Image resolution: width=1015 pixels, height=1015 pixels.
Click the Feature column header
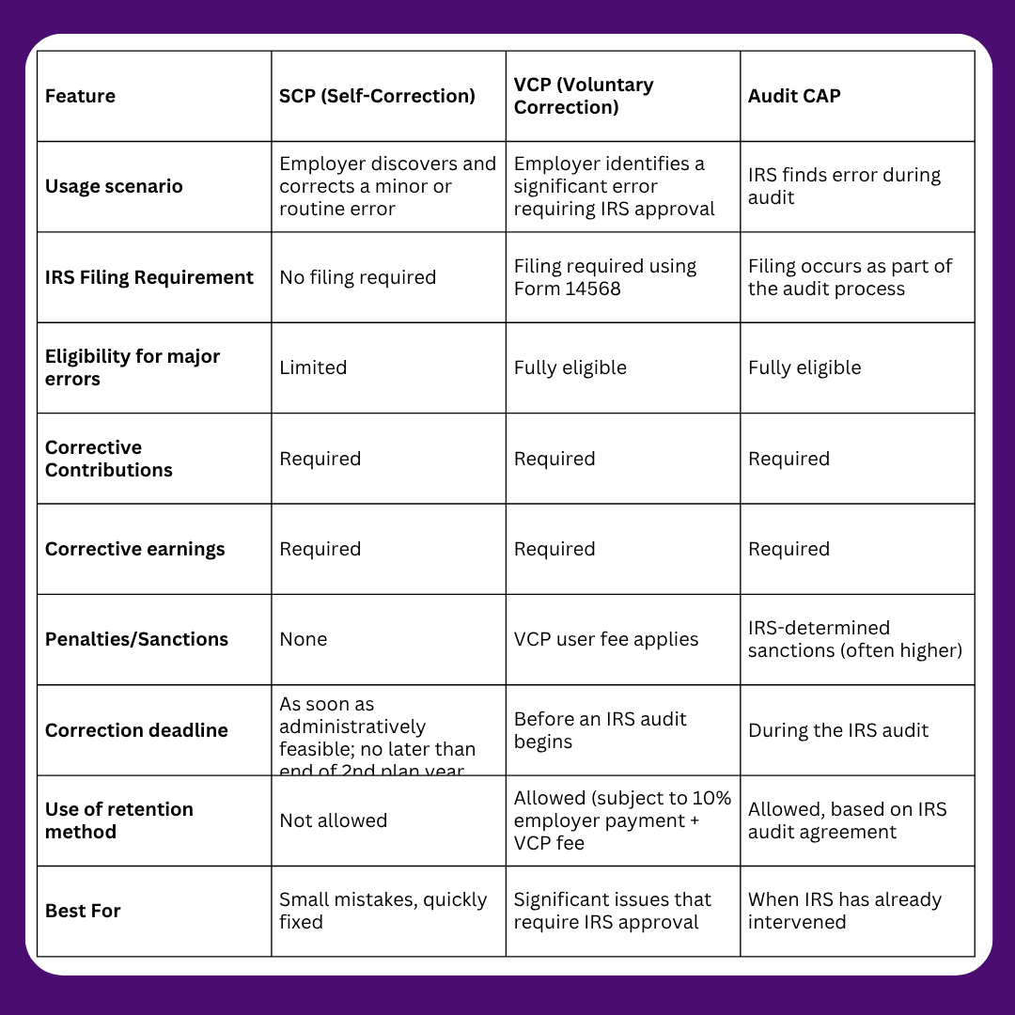81,96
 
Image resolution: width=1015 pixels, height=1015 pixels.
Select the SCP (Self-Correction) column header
377,96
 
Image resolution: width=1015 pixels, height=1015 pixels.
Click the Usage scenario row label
114,186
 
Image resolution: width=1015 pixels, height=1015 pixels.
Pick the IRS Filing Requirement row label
149,277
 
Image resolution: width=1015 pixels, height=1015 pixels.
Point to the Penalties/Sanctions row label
136,639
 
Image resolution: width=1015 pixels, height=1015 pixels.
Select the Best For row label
83,911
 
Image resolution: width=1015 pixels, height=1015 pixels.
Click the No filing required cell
358,277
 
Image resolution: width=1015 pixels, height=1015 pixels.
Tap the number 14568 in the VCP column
593,289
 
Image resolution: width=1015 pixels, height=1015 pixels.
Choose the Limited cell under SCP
313,367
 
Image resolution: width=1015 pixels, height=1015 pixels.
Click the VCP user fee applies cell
606,639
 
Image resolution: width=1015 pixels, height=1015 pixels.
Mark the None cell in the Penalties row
304,639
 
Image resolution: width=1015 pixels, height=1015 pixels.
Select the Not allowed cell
334,820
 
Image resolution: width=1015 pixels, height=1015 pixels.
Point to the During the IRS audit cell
838,730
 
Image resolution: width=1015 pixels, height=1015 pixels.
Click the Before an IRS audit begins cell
601,730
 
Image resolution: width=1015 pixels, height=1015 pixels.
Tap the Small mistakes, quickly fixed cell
383,911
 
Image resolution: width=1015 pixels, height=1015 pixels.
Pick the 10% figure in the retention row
710,798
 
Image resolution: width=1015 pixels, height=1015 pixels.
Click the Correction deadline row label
136,730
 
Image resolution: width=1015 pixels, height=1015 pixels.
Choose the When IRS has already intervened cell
844,911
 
